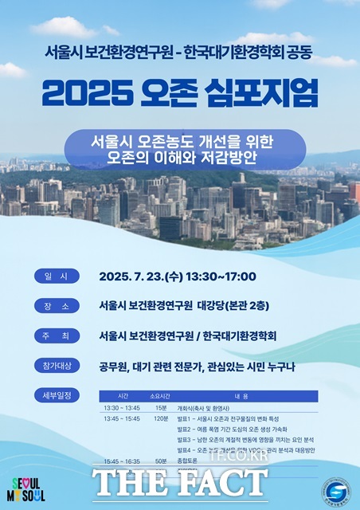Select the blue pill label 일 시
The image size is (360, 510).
coord(57,277)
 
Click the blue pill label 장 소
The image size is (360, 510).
coord(57,306)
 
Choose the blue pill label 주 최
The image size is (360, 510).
coord(57,335)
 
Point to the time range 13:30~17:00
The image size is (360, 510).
coord(218,277)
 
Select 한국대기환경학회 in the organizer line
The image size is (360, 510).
coord(243,335)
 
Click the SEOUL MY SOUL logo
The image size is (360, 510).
coord(29,489)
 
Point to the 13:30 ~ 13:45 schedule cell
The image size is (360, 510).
coord(122,408)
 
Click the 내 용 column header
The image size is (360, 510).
coord(241,396)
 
